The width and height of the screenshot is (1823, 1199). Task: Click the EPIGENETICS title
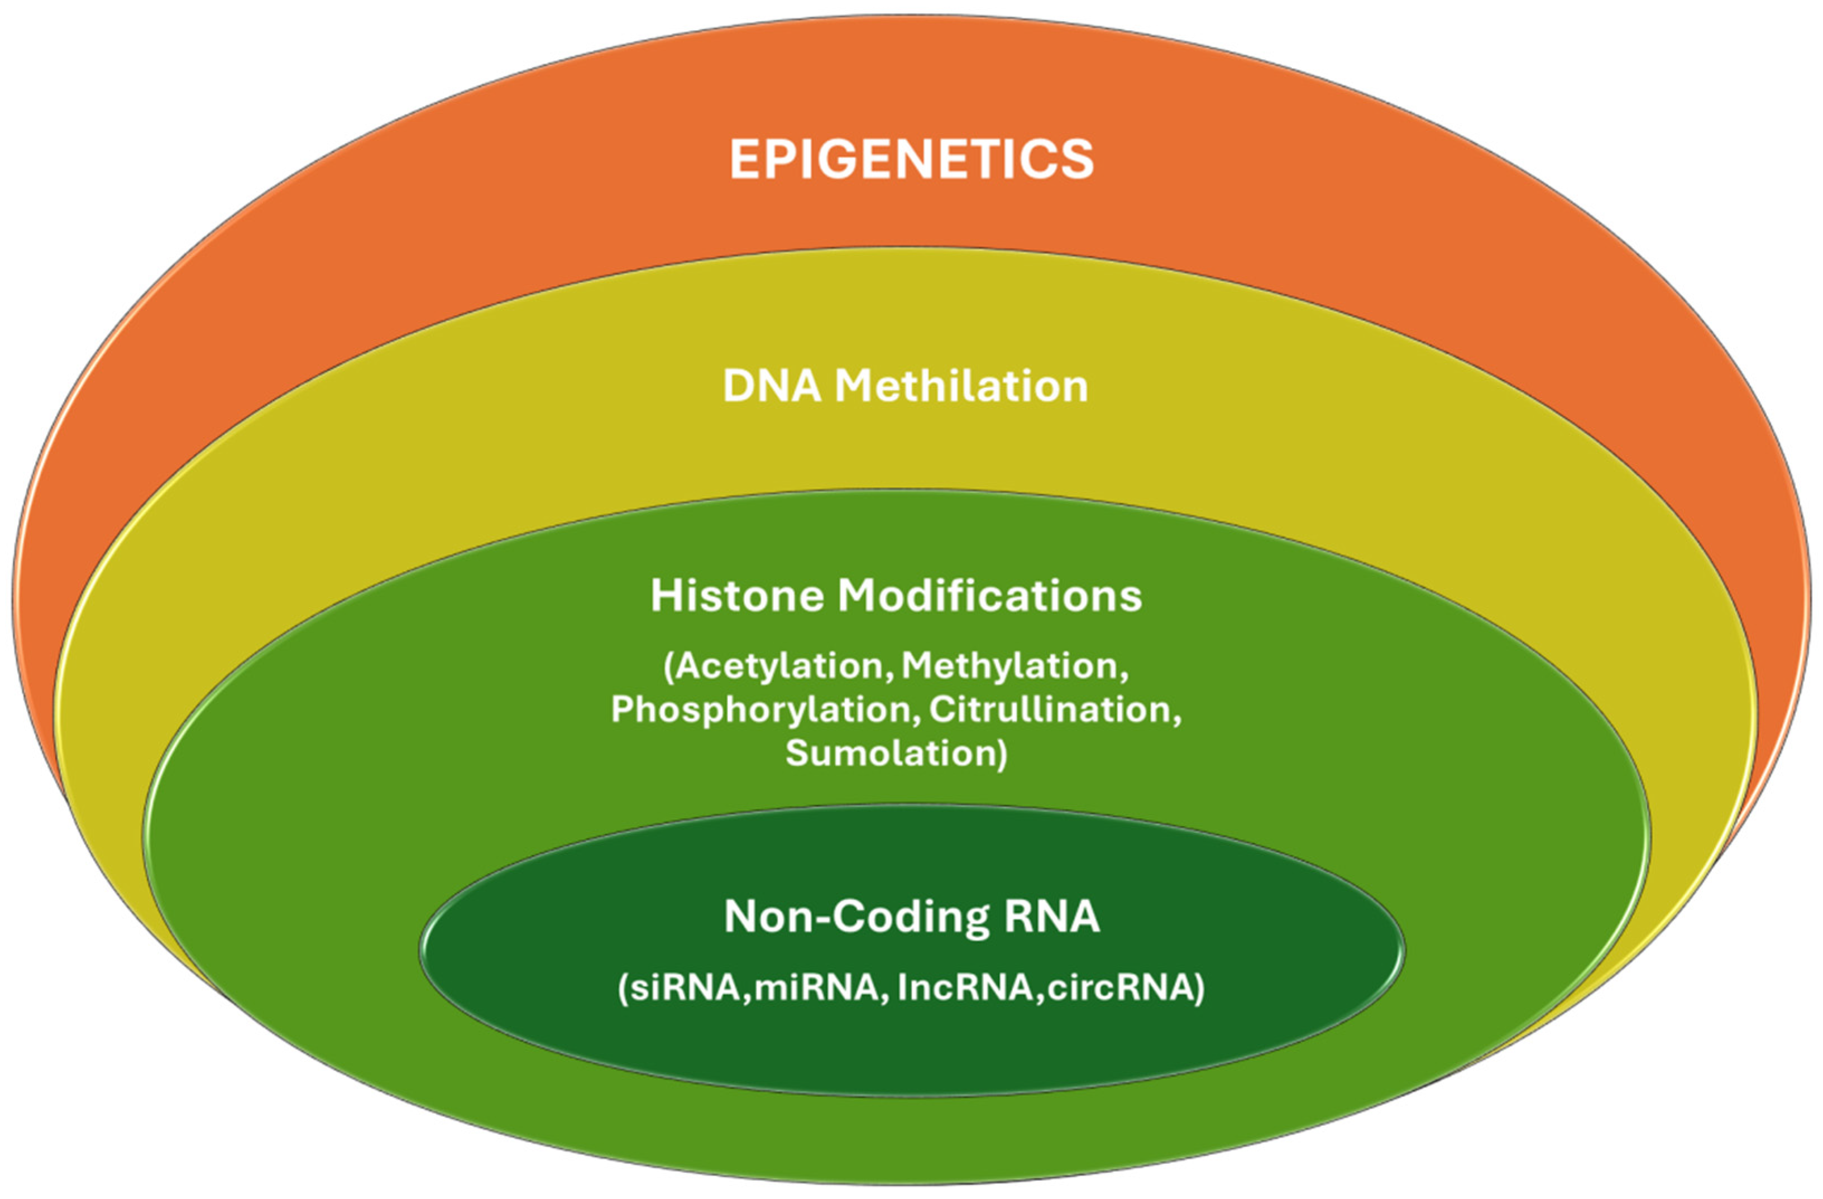911,159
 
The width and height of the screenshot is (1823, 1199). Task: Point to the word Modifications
989,596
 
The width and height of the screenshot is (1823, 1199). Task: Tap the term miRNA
816,987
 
